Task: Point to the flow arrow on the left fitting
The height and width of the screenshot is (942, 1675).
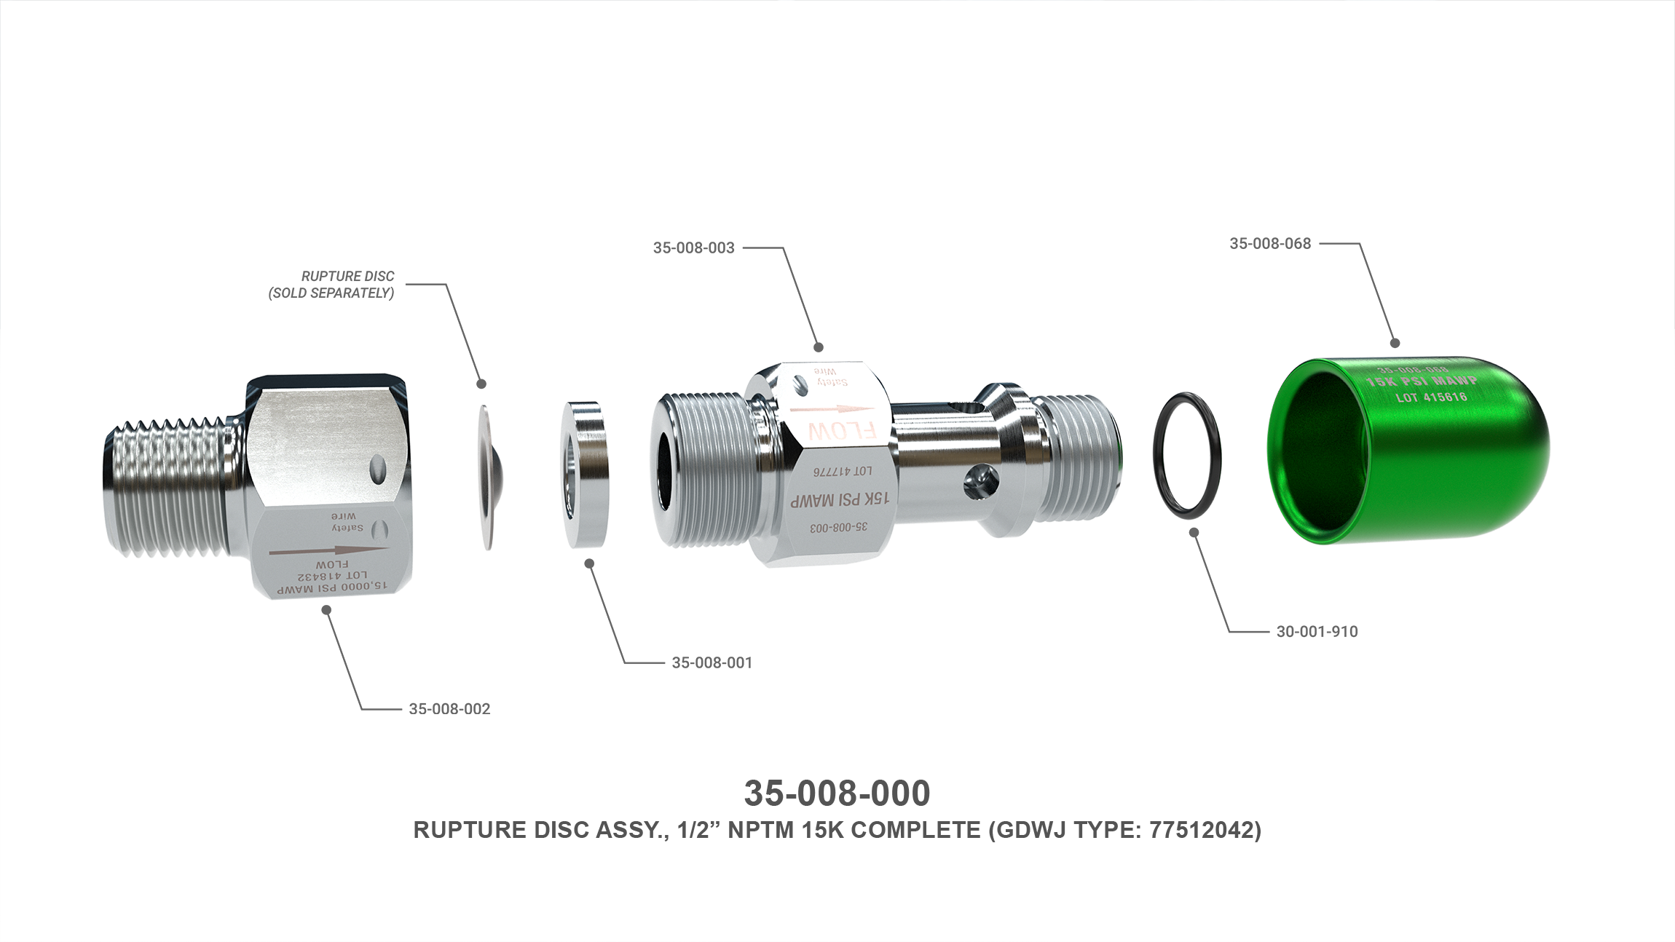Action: [x=327, y=551]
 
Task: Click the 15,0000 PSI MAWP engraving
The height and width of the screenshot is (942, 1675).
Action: [x=326, y=587]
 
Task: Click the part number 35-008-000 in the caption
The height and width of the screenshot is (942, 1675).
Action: [x=837, y=793]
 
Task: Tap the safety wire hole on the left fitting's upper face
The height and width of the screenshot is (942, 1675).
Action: [x=378, y=465]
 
